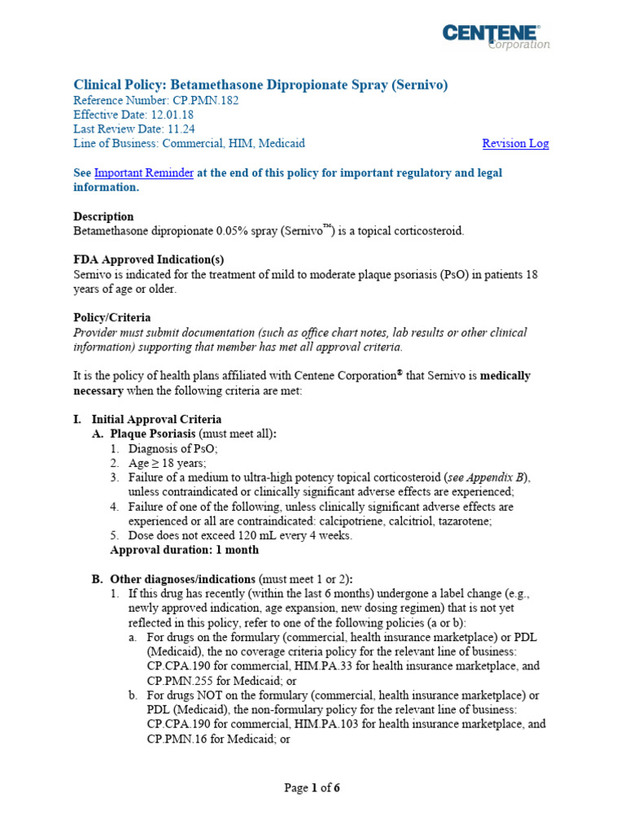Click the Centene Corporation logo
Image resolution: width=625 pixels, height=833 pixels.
496,37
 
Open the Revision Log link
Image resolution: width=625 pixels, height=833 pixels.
515,143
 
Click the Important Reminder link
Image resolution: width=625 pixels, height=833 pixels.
143,172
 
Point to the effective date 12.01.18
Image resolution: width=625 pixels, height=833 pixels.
172,115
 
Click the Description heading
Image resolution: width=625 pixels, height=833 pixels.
103,216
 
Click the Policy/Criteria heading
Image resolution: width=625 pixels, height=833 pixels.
111,317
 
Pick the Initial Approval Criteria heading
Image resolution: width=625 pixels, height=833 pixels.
156,419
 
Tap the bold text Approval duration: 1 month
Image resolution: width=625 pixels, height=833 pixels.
184,550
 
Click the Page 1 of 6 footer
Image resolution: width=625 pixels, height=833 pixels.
312,787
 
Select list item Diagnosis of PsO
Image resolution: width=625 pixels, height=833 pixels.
173,448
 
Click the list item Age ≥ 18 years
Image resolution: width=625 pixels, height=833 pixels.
167,463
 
